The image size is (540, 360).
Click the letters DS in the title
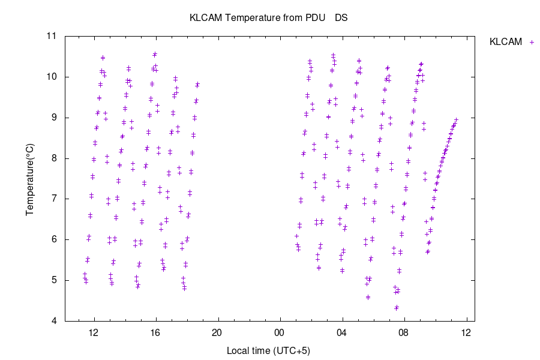(x=341, y=18)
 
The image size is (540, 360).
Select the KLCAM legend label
(x=506, y=42)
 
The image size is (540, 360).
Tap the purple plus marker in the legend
(x=530, y=42)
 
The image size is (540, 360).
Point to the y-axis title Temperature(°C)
(x=29, y=179)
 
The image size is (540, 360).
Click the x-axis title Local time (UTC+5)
(x=268, y=350)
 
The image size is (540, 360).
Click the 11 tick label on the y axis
(x=52, y=36)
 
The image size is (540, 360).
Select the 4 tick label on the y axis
(x=55, y=321)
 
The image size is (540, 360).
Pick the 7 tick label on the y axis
(x=55, y=199)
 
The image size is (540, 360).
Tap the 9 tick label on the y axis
(x=55, y=118)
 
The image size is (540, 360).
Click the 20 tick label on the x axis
(x=217, y=333)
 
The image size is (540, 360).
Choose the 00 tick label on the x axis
(x=279, y=333)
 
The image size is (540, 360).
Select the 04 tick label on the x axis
(x=341, y=333)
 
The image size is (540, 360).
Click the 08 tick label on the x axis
(x=403, y=333)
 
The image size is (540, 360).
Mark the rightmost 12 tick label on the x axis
(x=466, y=333)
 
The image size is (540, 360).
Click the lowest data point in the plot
(x=397, y=308)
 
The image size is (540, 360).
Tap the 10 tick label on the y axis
(x=52, y=77)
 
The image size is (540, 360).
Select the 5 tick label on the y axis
(x=55, y=280)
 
